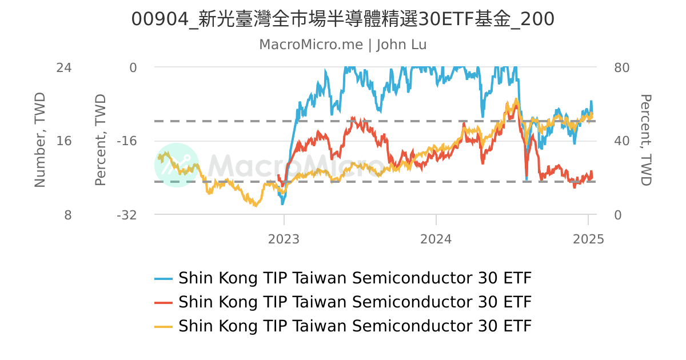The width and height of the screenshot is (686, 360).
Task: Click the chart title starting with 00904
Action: click(342, 19)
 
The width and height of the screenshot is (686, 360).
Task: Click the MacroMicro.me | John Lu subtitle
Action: click(342, 45)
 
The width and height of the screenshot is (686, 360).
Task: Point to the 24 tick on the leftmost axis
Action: click(63, 67)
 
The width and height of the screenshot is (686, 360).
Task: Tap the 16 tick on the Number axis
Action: click(63, 141)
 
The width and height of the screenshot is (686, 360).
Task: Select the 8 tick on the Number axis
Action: click(67, 215)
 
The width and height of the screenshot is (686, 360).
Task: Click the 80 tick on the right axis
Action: click(621, 67)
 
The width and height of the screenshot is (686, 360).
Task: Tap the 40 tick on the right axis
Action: click(621, 141)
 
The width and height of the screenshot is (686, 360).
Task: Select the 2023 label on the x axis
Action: click(284, 239)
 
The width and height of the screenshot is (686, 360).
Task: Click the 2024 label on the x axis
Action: click(436, 239)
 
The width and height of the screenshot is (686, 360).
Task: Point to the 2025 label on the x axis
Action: click(588, 239)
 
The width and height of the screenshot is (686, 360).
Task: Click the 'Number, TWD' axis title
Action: click(39, 140)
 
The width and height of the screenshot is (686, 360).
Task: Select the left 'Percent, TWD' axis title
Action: click(101, 140)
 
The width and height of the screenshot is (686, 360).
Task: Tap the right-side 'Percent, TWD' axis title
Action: click(646, 140)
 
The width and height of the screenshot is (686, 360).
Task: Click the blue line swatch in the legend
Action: click(163, 279)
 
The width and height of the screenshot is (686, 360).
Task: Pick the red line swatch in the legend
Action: click(163, 302)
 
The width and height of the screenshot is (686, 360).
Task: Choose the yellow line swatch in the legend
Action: click(163, 326)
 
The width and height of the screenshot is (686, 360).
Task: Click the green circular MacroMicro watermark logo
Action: click(177, 165)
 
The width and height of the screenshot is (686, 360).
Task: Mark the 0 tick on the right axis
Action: click(617, 215)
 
